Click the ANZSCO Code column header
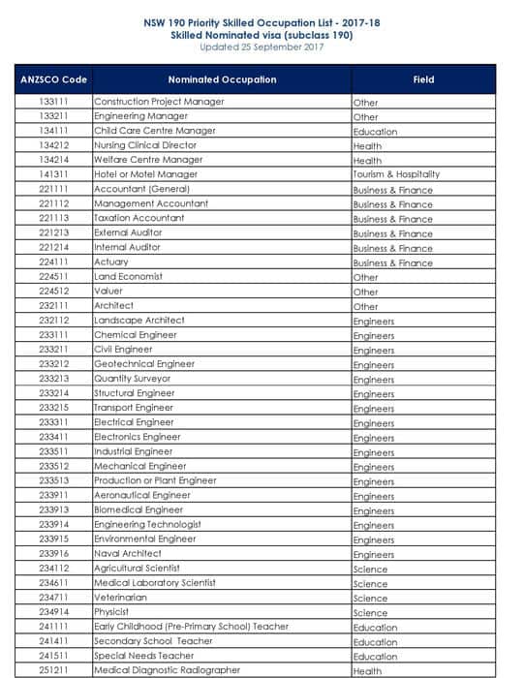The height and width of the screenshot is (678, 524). point(53,79)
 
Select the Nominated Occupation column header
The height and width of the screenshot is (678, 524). point(222,79)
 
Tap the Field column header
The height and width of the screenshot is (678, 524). point(423,79)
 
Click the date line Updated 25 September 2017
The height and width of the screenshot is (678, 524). point(262,46)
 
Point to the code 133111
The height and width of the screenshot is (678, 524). point(53,102)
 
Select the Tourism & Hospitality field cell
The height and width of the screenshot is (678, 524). point(396,174)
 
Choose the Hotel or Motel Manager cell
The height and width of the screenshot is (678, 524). point(145,174)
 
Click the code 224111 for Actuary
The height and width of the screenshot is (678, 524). point(53,262)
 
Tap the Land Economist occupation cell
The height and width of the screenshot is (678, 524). point(128,277)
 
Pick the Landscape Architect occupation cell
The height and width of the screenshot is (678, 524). point(139,321)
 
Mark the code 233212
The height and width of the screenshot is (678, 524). point(53,364)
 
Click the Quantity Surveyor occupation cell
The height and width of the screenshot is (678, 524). point(132,379)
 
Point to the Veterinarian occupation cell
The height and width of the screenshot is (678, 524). point(122,598)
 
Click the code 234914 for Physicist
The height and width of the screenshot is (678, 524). point(53,612)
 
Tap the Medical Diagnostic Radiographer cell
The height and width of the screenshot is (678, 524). point(167,670)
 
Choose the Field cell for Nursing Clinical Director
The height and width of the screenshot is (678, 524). point(367,145)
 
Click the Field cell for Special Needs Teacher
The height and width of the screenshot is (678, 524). point(375,656)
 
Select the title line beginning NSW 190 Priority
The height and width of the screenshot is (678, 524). point(262,21)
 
